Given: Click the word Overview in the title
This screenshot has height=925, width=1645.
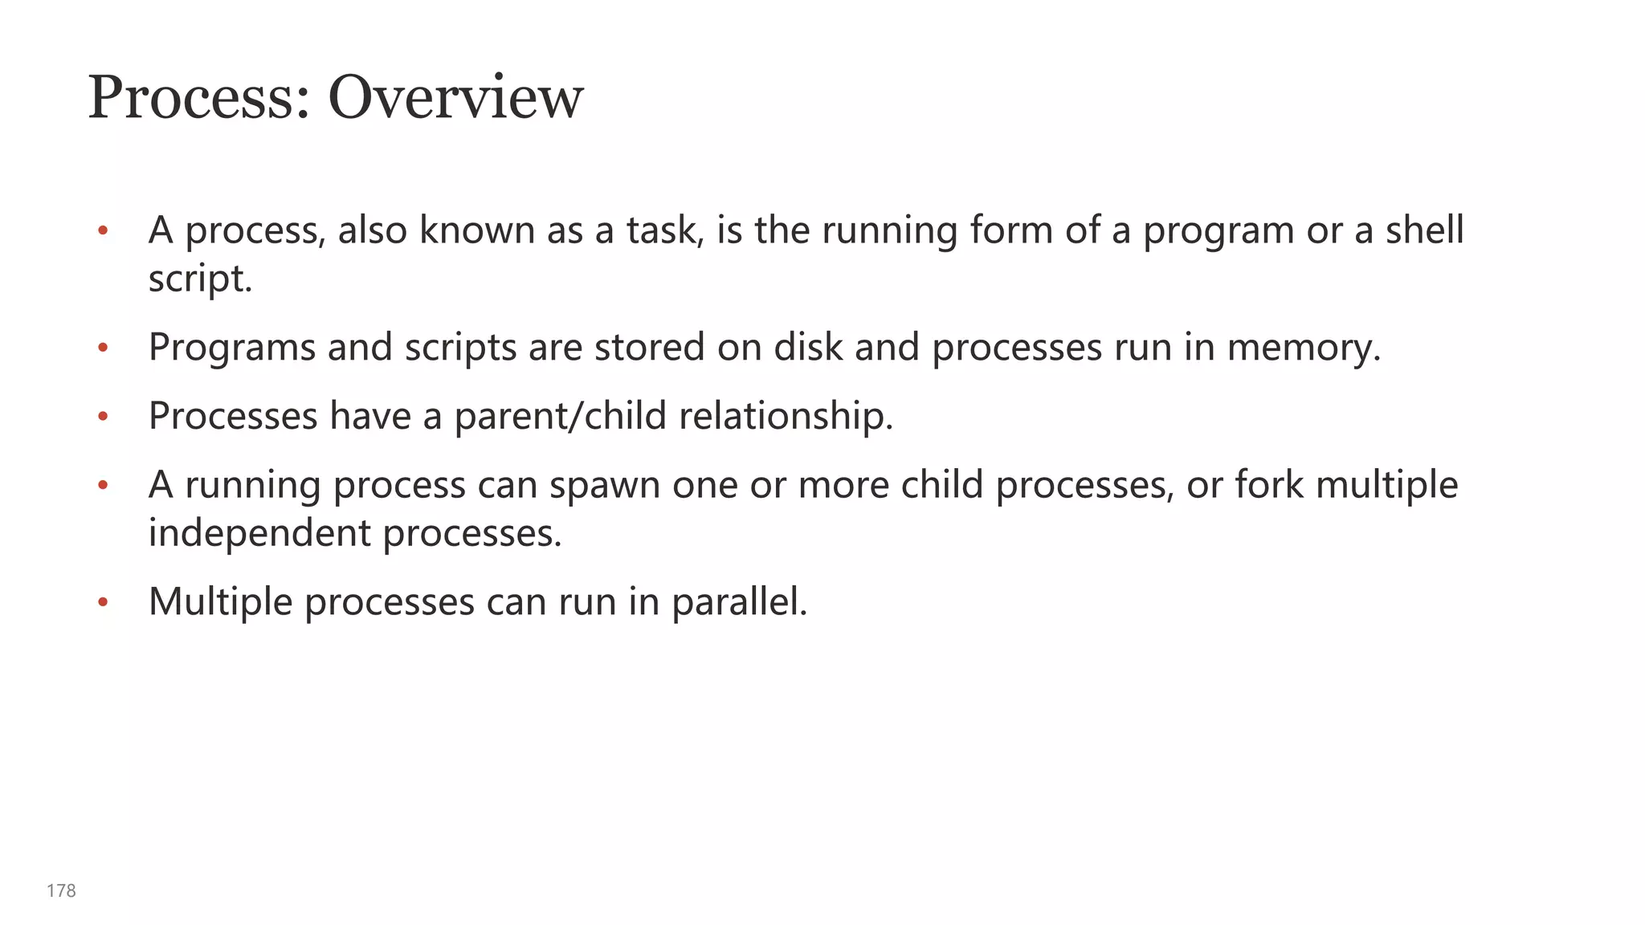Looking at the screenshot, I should click(455, 98).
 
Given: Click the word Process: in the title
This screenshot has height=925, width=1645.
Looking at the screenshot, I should click(199, 98).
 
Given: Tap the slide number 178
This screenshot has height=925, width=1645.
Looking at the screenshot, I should click(61, 890).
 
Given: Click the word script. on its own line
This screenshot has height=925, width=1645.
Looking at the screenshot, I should click(200, 279).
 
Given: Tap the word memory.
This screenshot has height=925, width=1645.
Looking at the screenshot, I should click(1304, 348).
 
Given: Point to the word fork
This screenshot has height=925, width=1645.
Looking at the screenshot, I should click(1268, 485).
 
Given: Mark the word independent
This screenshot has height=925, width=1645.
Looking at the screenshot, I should click(259, 533).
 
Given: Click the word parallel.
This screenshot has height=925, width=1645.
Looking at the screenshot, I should click(739, 601).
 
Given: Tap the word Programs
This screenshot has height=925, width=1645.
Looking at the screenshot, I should click(232, 348).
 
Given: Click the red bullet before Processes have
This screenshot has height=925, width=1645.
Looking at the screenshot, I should click(102, 417).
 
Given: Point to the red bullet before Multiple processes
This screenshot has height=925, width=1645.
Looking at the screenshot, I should click(102, 602).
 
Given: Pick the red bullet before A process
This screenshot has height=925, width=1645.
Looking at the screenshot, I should click(102, 231).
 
